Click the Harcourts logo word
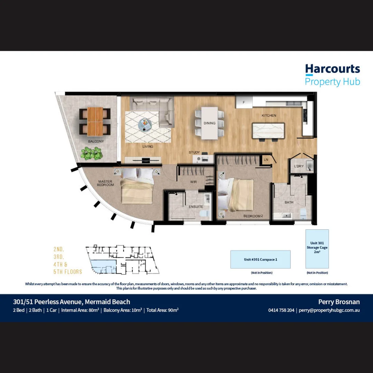pos(332,69)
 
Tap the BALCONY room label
pos(96,141)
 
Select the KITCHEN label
pos(269,115)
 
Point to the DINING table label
pos(209,123)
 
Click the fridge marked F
pos(244,102)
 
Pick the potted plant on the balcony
pos(92,153)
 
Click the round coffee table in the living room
pos(145,124)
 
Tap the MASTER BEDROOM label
pos(106,183)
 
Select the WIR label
pos(193,181)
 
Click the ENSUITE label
pos(196,207)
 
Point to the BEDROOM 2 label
pos(253,216)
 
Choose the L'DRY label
pos(299,166)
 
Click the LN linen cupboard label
pos(266,160)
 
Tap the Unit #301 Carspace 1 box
pos(260,259)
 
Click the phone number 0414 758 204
pos(281,310)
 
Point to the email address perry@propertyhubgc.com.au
pos(329,310)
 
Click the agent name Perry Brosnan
pos(339,302)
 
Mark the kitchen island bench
pos(269,131)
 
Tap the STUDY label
pos(194,152)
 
